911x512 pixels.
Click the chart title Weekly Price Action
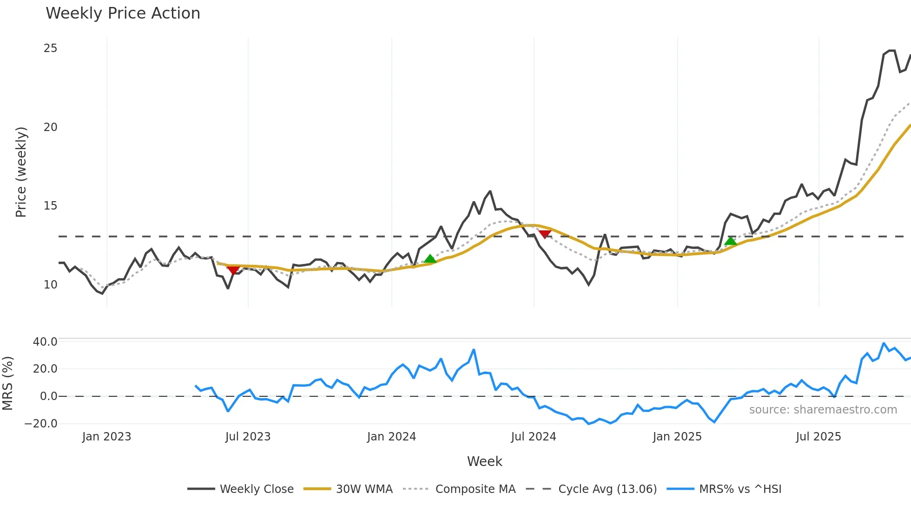tap(123, 13)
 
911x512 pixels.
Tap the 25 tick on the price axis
tap(50, 48)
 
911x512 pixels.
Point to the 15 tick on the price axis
tap(50, 206)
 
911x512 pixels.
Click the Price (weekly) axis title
tap(21, 172)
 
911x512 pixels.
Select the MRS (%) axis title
tap(7, 383)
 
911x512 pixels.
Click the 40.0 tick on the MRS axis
tap(45, 342)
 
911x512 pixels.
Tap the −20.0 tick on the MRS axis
tap(41, 424)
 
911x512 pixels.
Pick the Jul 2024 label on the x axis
tap(533, 437)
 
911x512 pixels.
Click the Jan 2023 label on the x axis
tap(106, 437)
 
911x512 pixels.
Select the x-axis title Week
tap(484, 461)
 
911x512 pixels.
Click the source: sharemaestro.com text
tap(823, 410)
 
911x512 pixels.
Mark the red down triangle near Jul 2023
tap(233, 270)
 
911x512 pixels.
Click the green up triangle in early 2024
tap(430, 259)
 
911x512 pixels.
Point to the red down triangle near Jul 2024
tap(544, 234)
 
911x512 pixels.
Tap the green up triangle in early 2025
tap(730, 241)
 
